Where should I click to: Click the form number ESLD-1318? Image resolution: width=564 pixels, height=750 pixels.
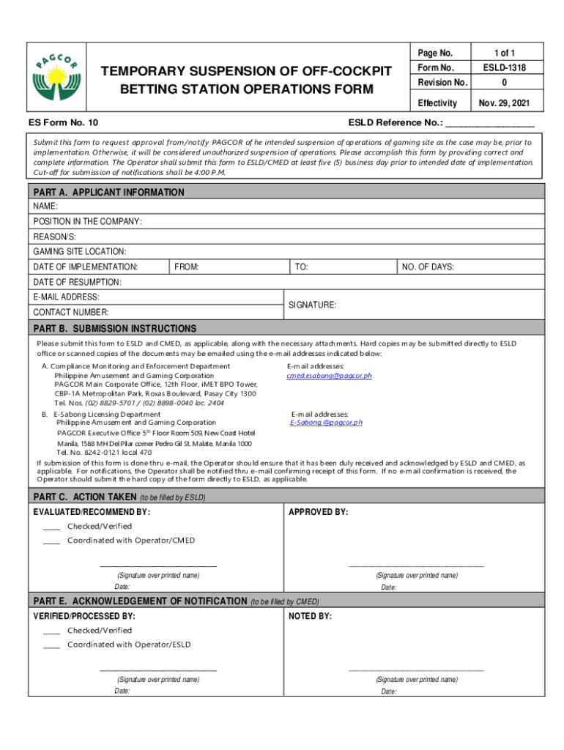point(505,68)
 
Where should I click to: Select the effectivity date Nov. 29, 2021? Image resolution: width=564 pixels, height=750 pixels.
point(505,103)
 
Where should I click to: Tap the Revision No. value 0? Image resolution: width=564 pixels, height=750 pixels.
point(505,83)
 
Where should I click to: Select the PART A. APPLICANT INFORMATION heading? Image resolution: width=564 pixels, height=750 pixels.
point(108,192)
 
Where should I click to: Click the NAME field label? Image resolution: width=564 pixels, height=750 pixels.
point(45,207)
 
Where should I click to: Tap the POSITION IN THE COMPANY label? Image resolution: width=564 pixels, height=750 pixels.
point(87,221)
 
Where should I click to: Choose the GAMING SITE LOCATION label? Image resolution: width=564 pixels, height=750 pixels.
point(79,251)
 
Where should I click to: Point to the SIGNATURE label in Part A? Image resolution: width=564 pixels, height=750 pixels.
point(312,305)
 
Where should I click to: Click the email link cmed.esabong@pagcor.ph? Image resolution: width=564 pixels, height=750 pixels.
point(329,376)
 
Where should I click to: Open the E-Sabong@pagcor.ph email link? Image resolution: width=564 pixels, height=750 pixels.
point(326,423)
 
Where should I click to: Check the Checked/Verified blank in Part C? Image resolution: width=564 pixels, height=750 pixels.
point(51,527)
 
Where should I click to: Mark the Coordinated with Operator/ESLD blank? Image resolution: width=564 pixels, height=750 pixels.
point(51,645)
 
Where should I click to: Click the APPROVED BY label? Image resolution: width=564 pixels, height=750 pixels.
point(318,512)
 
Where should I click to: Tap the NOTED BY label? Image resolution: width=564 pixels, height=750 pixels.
point(310,617)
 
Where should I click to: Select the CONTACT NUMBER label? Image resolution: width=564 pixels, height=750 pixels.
point(70,312)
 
